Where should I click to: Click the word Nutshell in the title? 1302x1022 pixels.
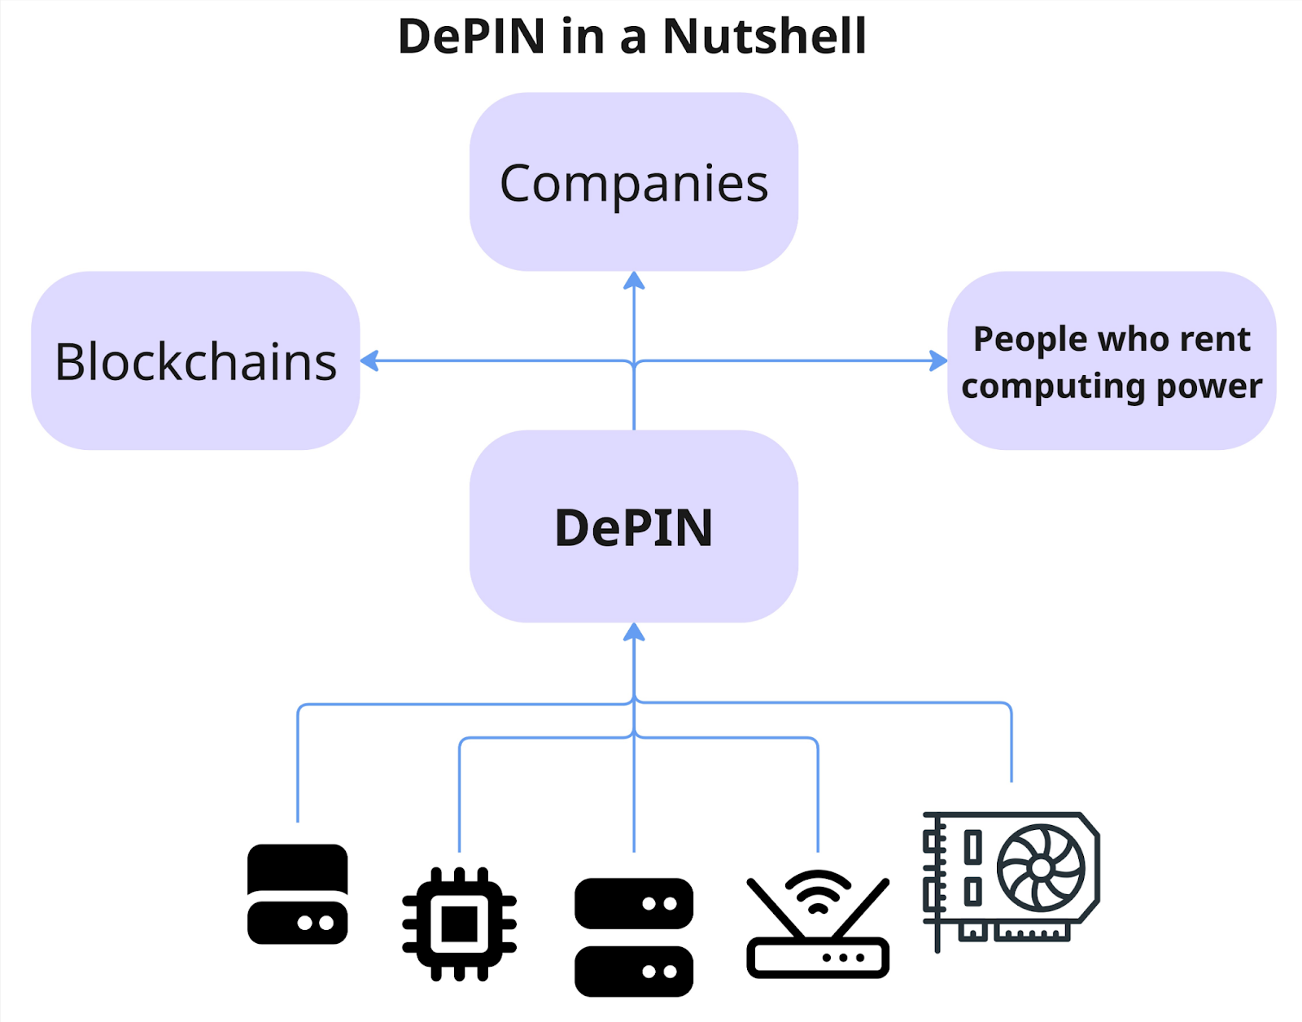pyautogui.click(x=764, y=37)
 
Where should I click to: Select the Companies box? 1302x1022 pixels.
pyautogui.click(x=633, y=182)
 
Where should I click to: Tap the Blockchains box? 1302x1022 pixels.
pyautogui.click(x=195, y=360)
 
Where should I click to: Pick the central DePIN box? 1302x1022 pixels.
pyautogui.click(x=633, y=526)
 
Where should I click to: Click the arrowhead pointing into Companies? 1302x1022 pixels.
pyautogui.click(x=634, y=282)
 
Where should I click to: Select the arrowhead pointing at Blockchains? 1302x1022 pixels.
pyautogui.click(x=370, y=360)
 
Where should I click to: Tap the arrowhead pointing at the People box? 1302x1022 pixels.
pyautogui.click(x=938, y=360)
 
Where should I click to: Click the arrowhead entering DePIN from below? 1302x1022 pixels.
pyautogui.click(x=634, y=632)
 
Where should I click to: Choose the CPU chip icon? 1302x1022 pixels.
pyautogui.click(x=459, y=924)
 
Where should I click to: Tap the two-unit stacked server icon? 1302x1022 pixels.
pyautogui.click(x=633, y=937)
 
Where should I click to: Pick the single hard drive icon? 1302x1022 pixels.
pyautogui.click(x=297, y=893)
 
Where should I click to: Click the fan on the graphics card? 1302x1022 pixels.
pyautogui.click(x=1041, y=868)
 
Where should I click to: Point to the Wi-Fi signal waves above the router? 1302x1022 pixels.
pyautogui.click(x=818, y=889)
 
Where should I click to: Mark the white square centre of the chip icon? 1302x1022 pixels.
pyautogui.click(x=459, y=924)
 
